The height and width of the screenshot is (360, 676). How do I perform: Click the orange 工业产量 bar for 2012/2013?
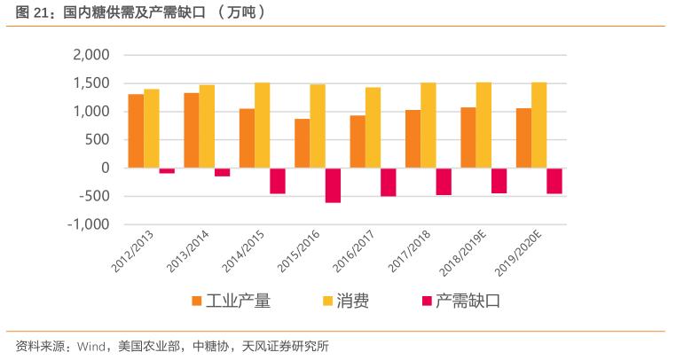(x=136, y=130)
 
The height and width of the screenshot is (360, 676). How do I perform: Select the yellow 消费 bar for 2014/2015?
(x=263, y=125)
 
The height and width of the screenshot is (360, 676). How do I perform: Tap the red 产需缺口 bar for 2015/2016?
(x=333, y=185)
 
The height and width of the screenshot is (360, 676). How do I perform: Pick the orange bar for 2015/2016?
(x=303, y=143)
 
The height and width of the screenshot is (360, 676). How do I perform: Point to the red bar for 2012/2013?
(x=167, y=170)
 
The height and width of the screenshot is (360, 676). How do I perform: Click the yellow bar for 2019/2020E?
(x=538, y=125)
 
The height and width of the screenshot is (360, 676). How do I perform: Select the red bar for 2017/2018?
(x=444, y=181)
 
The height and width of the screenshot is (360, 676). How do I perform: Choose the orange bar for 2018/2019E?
(x=468, y=137)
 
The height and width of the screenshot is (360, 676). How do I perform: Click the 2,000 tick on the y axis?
(x=90, y=55)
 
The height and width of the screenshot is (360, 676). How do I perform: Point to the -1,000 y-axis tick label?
(x=88, y=224)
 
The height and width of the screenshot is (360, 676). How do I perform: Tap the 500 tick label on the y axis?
(x=98, y=139)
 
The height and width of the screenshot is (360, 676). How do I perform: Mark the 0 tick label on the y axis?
(x=105, y=168)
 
